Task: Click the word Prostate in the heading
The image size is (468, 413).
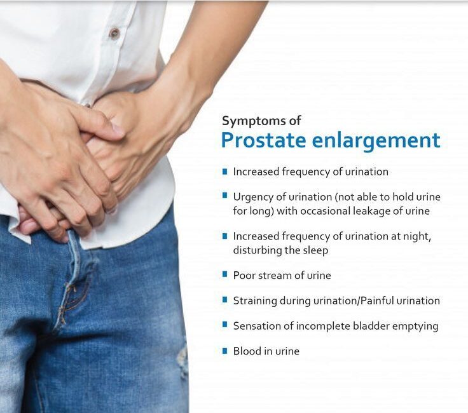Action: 263,140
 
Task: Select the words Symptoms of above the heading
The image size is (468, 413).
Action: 261,121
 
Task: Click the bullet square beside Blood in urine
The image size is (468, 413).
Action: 224,351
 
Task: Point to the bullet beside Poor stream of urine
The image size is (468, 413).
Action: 224,274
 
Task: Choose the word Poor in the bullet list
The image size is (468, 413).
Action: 244,275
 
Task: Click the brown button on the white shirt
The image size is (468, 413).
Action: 114,33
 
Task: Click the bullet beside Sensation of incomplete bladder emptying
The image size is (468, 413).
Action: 224,325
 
